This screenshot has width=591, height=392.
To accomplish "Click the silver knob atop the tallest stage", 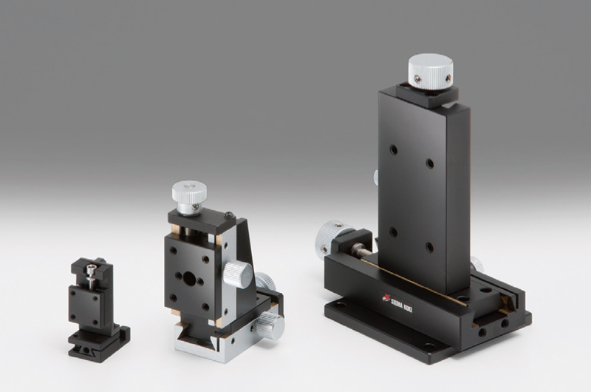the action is [x=431, y=72].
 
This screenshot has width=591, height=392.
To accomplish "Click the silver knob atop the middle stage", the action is [x=189, y=192].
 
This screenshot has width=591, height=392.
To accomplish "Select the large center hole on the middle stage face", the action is [x=189, y=279].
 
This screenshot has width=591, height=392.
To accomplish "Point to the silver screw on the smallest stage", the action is [x=90, y=275].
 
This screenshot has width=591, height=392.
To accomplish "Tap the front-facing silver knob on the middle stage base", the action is [x=270, y=325].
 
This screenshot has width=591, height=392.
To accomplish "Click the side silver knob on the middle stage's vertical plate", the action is [x=238, y=274].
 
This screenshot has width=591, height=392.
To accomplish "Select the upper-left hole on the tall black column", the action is [x=394, y=150].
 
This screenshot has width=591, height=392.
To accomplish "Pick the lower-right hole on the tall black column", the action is [x=430, y=247].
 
